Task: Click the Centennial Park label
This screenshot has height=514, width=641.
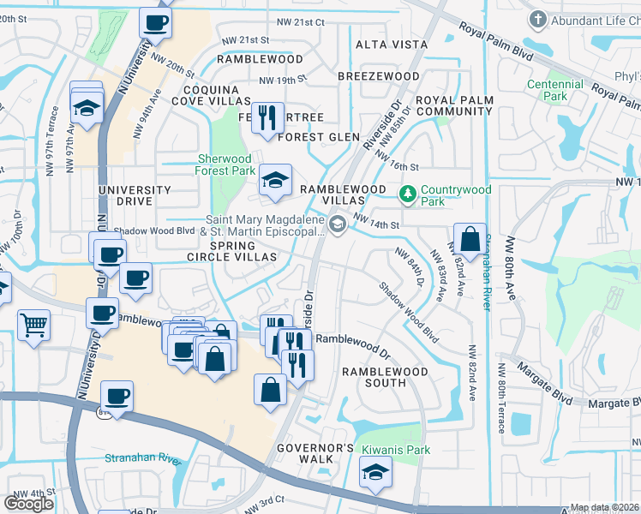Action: point(555,90)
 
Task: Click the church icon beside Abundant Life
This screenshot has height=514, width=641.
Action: point(538,18)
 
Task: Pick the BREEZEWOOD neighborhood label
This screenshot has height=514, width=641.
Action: point(378,76)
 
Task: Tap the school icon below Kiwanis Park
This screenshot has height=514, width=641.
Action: point(374,473)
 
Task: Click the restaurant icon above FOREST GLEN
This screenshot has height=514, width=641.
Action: point(267,117)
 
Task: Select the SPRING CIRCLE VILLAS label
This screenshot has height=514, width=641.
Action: point(232,257)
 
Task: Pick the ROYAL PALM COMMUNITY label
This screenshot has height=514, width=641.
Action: point(454,105)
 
